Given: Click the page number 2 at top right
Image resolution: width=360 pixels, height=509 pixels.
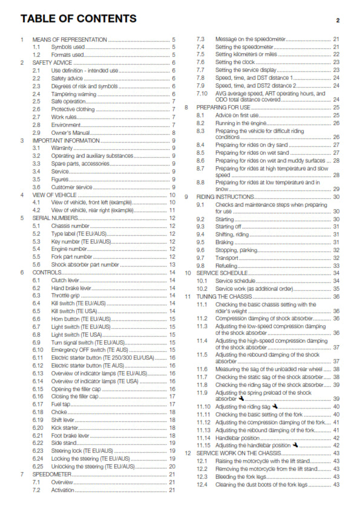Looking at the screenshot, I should [338, 20].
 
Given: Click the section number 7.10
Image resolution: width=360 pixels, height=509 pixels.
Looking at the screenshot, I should [203, 93].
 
